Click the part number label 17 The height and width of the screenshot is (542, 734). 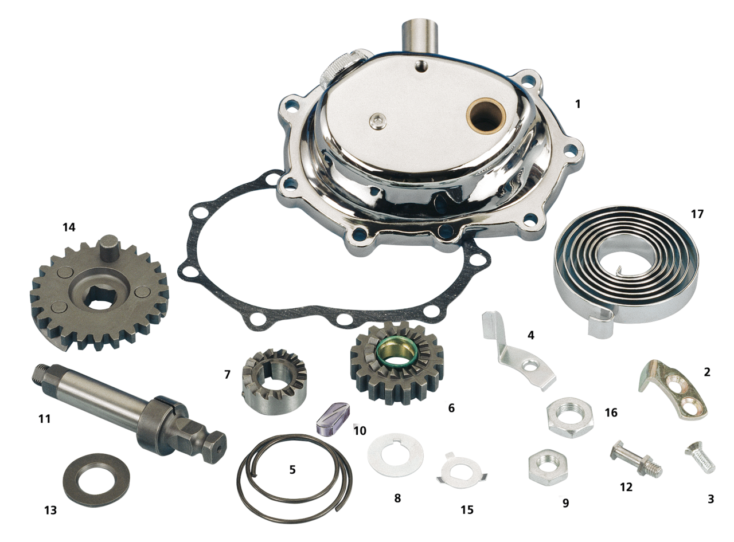(x=697, y=214)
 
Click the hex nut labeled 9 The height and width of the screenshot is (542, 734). (x=548, y=467)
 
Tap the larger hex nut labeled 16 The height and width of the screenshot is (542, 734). (x=571, y=417)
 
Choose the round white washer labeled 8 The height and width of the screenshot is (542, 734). (x=396, y=455)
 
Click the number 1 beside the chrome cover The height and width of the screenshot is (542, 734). (x=577, y=104)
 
